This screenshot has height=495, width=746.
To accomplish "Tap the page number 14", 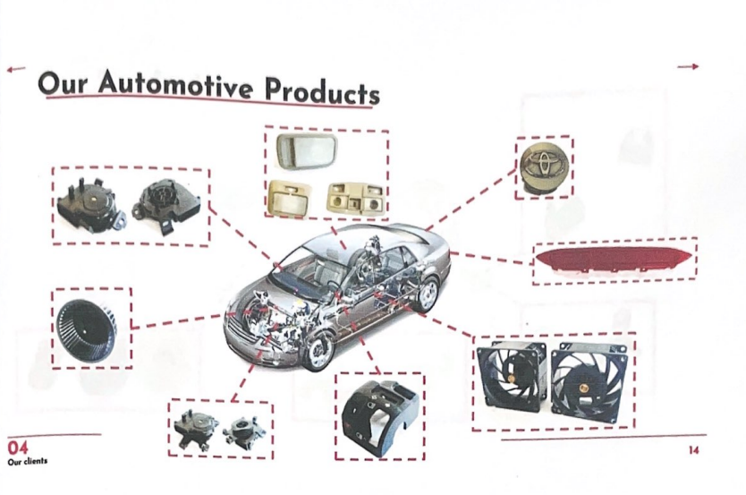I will click(x=693, y=450).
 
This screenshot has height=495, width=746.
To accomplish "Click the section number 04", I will click(x=18, y=447).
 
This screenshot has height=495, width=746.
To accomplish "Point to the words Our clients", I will click(x=27, y=462).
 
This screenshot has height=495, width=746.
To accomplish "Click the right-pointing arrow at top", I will click(x=687, y=66).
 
